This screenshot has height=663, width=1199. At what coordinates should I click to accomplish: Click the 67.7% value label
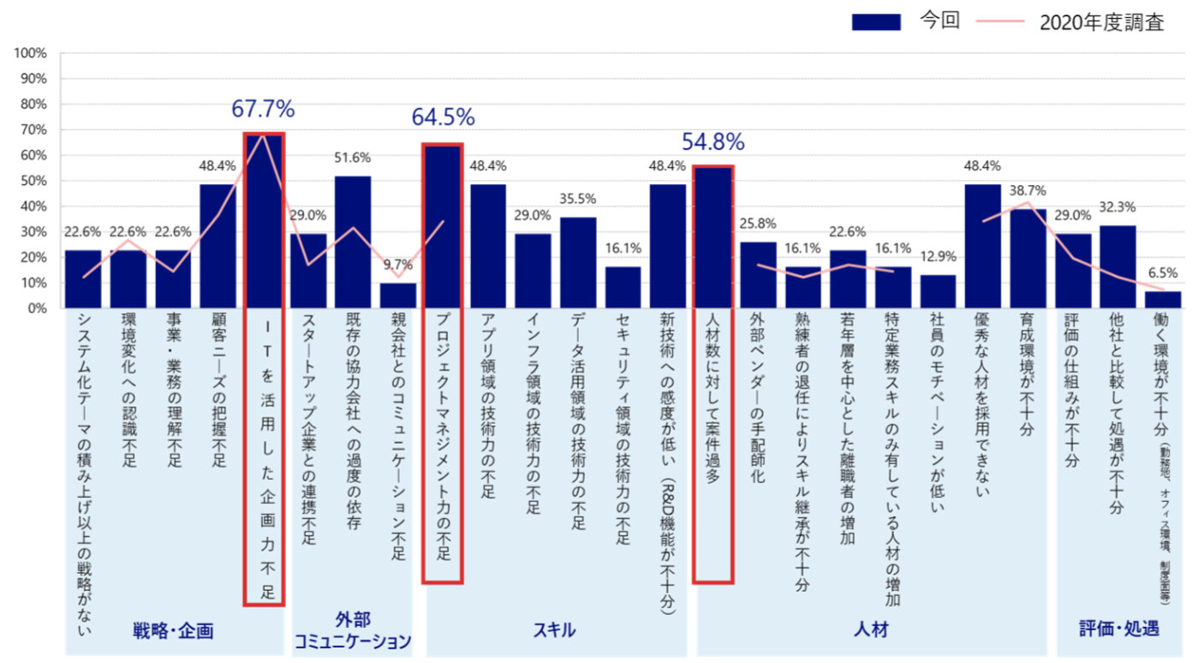(x=263, y=110)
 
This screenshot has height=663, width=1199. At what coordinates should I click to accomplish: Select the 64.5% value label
(x=443, y=117)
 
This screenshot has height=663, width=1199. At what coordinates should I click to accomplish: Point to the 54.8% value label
(x=713, y=141)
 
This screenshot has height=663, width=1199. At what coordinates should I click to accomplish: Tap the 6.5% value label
(x=1163, y=274)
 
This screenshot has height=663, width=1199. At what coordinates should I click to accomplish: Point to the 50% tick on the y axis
(x=33, y=181)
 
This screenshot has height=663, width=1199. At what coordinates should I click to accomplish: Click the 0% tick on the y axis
(x=37, y=308)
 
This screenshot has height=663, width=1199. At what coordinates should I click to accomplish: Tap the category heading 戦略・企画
(x=173, y=631)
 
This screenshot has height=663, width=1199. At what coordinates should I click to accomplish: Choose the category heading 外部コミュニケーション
(x=352, y=630)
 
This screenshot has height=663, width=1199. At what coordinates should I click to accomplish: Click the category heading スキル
(x=555, y=631)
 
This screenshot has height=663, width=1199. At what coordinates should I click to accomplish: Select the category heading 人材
(x=871, y=631)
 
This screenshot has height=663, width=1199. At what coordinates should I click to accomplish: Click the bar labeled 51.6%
(x=353, y=242)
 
